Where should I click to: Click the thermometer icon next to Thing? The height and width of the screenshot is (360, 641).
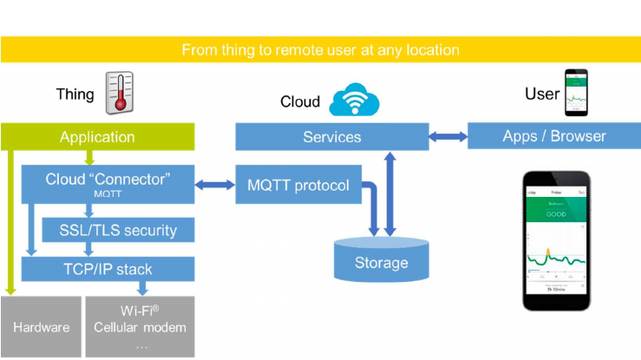[119, 93]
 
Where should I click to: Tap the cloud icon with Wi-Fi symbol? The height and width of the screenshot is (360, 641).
[355, 99]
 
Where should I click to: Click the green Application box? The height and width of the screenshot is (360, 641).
[97, 137]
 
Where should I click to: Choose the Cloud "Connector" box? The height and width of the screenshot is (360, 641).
[108, 184]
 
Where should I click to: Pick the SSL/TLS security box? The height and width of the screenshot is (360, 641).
[119, 230]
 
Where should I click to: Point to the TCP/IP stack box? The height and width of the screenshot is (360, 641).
[108, 269]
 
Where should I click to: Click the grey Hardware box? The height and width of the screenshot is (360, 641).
[40, 328]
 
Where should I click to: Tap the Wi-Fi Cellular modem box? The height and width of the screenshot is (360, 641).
[140, 328]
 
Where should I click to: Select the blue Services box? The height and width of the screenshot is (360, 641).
[331, 136]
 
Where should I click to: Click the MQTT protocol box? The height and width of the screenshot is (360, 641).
[298, 185]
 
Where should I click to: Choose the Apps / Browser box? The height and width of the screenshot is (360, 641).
[554, 136]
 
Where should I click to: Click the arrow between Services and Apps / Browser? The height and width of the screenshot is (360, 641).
[448, 136]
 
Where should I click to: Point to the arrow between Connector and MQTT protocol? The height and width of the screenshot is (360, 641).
[215, 185]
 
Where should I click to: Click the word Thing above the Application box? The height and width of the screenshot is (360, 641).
[75, 94]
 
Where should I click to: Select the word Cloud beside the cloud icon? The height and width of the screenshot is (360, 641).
[300, 102]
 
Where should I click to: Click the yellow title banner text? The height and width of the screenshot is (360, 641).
[320, 50]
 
